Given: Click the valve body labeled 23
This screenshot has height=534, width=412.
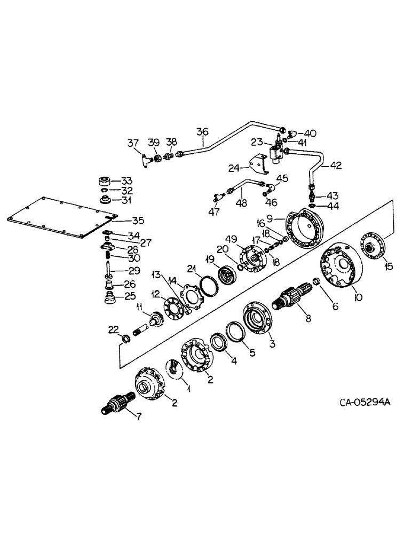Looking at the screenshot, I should coord(278,150).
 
